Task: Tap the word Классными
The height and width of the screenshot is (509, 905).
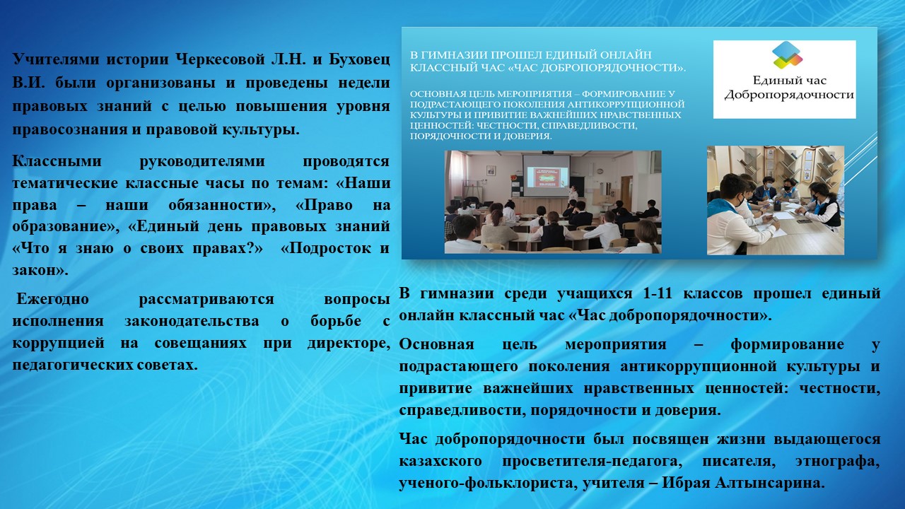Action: pos(57,161)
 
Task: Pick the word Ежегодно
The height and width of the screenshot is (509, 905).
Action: pos(52,299)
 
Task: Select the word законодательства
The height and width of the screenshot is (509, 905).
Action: pos(192,321)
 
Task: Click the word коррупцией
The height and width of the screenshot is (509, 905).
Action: pos(58,344)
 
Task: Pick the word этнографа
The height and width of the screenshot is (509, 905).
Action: pos(838,461)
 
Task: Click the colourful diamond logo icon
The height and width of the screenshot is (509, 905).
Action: pos(787,54)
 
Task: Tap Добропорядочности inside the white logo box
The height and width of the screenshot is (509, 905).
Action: pos(789,95)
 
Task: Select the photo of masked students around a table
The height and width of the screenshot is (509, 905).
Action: pos(776,200)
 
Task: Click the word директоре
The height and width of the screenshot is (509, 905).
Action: pos(349,344)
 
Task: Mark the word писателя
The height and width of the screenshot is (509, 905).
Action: pos(739,461)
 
